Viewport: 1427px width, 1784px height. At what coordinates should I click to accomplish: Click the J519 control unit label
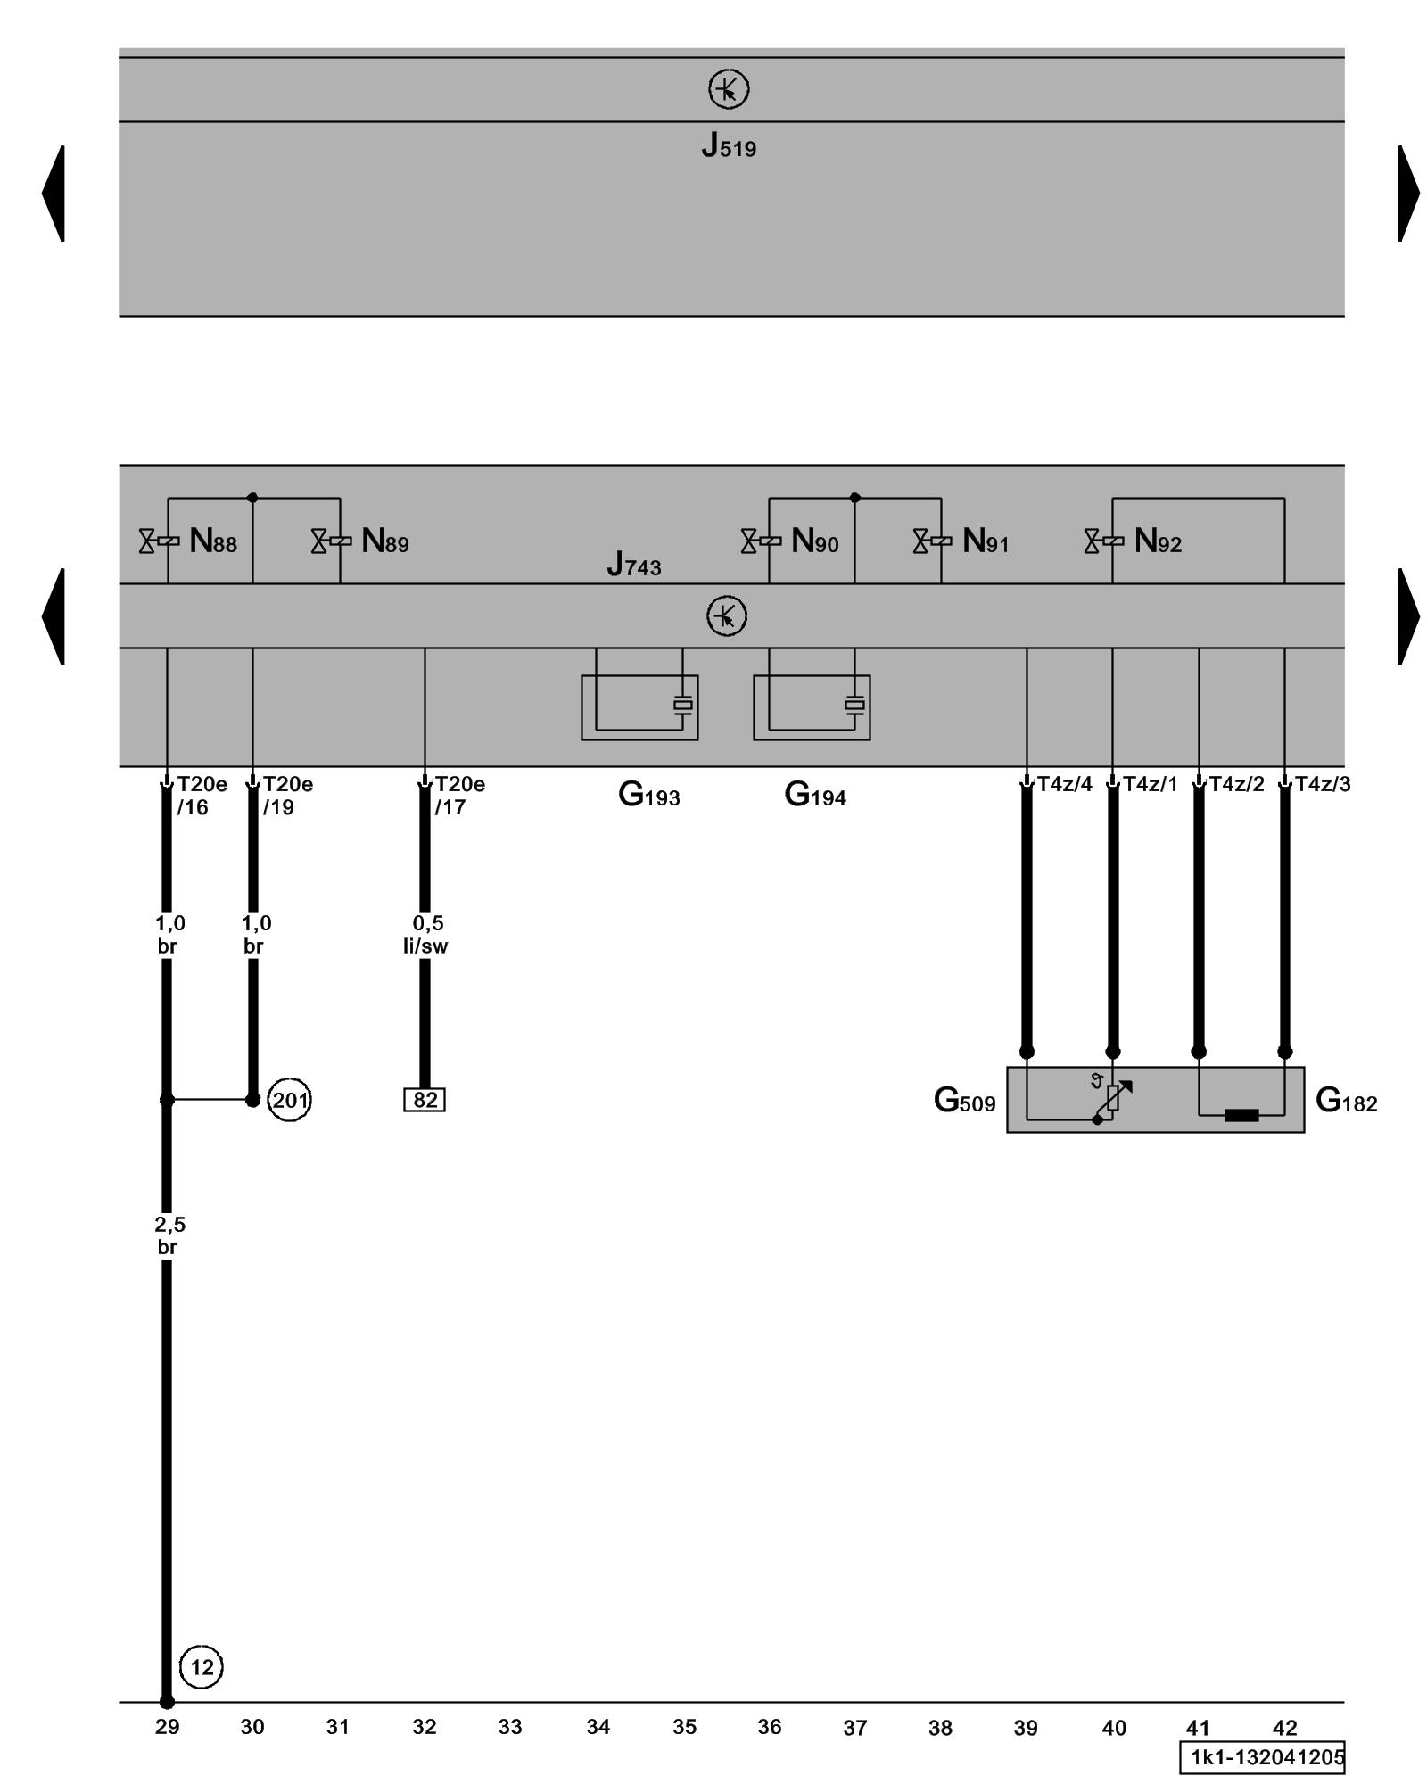click(728, 145)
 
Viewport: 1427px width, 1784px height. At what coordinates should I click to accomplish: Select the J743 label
click(633, 565)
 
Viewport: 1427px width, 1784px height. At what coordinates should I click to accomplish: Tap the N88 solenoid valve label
click(212, 541)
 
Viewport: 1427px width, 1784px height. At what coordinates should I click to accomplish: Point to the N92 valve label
click(1157, 541)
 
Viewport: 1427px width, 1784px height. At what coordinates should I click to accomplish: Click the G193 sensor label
click(648, 795)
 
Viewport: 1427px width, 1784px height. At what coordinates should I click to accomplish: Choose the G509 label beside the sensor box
click(964, 1101)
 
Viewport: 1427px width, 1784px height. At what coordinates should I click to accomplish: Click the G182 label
click(1346, 1101)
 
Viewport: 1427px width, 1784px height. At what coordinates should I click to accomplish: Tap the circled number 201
click(289, 1100)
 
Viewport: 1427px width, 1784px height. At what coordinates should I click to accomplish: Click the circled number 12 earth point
click(202, 1667)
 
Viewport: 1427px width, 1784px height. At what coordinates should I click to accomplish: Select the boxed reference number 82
click(425, 1100)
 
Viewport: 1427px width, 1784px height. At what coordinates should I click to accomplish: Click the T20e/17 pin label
click(459, 796)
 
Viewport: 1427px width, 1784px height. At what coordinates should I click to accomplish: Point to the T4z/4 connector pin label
click(1064, 784)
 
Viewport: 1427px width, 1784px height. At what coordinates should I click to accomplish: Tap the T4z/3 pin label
click(1323, 784)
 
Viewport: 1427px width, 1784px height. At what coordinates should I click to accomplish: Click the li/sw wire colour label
click(425, 946)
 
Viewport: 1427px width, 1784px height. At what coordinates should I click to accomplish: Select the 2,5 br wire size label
click(169, 1235)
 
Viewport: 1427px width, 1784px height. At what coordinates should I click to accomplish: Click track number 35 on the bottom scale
click(684, 1728)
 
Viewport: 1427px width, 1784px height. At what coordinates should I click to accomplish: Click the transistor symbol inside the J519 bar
click(729, 89)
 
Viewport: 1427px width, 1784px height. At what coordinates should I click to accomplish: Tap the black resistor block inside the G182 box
click(1241, 1115)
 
